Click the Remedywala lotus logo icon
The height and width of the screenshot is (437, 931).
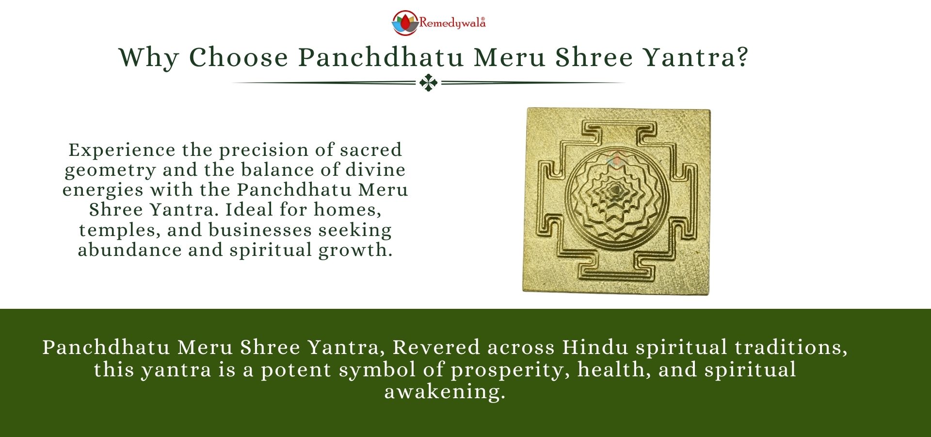coord(405,23)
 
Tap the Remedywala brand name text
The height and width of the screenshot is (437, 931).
coord(452,23)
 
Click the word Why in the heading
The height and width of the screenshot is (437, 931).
coord(149,58)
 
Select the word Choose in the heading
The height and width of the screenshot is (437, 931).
coord(239,58)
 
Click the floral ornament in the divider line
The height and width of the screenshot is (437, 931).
coord(429,83)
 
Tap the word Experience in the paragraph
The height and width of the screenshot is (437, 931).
coord(122,150)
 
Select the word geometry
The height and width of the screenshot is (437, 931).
coord(110,170)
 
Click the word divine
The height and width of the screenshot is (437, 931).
coord(375,170)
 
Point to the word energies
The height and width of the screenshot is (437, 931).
coord(103,190)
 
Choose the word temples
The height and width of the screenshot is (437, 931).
coord(119,230)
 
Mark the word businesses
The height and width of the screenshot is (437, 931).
coord(260,230)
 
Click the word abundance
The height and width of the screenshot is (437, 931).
coord(129,250)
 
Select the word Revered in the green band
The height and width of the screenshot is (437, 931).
coord(436,348)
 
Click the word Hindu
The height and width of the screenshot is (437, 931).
coord(595,348)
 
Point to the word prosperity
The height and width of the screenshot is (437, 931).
coord(510,370)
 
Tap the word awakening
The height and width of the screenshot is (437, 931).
coord(445,392)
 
